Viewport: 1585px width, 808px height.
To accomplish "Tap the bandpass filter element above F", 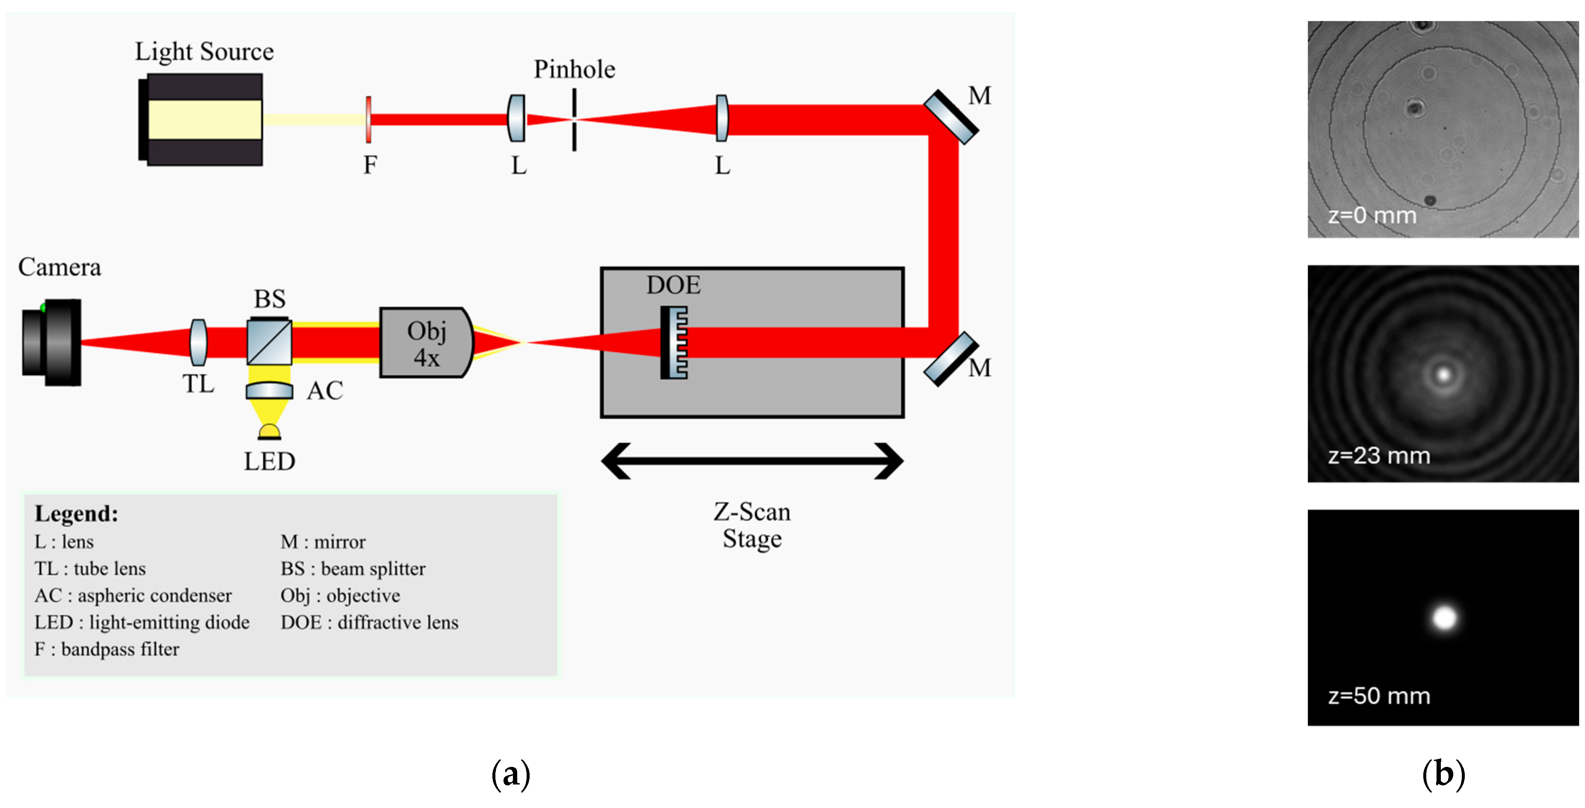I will [368, 119].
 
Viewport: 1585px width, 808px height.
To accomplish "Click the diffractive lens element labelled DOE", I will [674, 342].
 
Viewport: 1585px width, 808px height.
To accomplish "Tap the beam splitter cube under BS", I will [270, 341].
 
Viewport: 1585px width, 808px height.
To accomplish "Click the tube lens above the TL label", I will [198, 342].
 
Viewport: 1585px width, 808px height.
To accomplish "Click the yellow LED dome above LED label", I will [269, 431].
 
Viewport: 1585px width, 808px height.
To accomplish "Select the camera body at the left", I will [52, 342].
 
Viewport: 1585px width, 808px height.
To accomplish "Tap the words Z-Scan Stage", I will [752, 525].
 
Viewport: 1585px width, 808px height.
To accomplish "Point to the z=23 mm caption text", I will [1379, 456].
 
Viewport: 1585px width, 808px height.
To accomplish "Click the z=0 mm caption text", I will [1372, 216].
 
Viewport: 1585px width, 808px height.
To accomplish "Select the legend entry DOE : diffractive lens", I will [369, 622].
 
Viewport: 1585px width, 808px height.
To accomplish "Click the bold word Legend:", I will [76, 513].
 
